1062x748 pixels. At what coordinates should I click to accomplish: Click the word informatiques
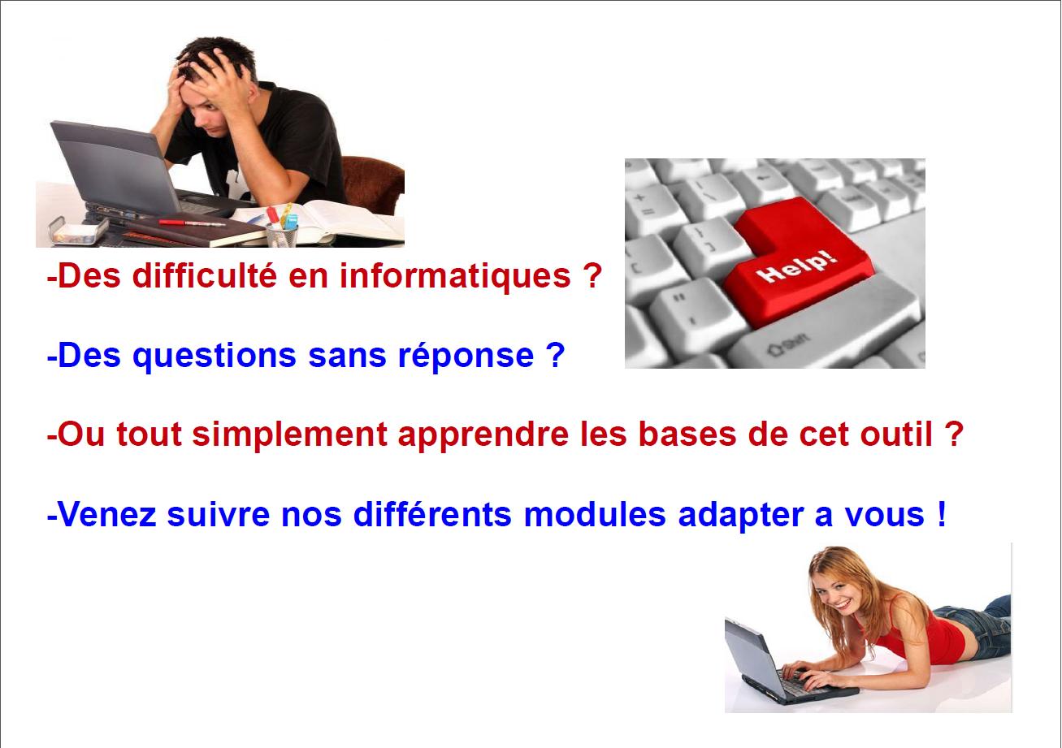point(455,277)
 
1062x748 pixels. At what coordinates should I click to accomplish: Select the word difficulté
point(204,275)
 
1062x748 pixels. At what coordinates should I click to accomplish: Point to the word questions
point(215,357)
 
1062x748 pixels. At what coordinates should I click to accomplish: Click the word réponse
point(466,357)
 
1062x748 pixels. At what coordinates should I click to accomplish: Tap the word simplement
point(290,435)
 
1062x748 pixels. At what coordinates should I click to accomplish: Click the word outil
point(896,435)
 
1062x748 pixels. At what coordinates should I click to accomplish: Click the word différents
point(432,515)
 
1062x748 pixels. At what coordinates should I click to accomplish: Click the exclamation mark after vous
point(942,514)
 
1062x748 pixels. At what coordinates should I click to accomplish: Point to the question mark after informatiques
point(592,275)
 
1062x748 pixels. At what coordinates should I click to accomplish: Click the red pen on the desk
point(192,223)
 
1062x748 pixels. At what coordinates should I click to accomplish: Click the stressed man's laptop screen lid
point(115,166)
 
